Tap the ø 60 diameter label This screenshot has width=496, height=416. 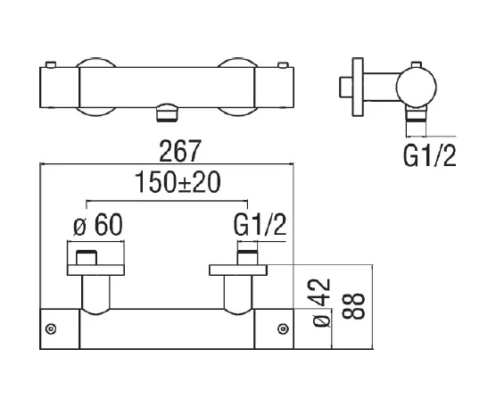95,227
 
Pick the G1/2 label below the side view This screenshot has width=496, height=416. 430,158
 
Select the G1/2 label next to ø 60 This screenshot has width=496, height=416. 259,227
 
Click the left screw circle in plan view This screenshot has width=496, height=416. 52,330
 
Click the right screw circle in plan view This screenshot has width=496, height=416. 285,330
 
